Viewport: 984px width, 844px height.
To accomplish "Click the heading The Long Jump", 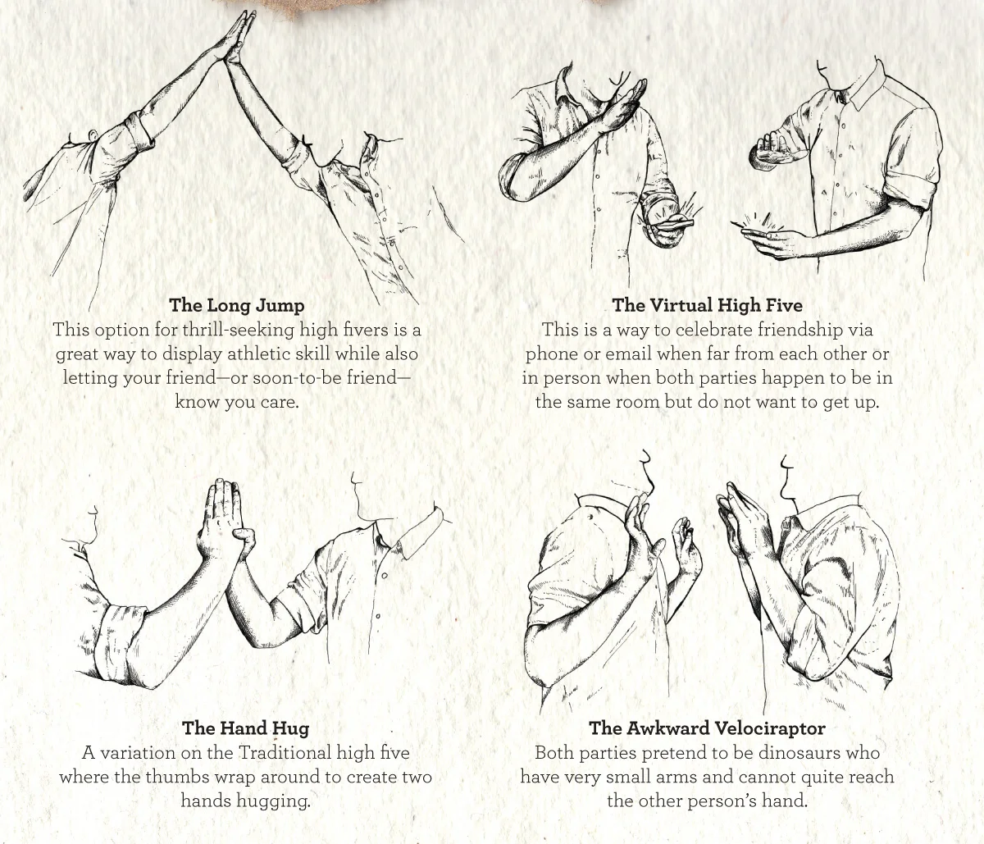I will pyautogui.click(x=236, y=305).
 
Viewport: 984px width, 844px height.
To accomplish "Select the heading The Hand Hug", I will pyautogui.click(x=245, y=728).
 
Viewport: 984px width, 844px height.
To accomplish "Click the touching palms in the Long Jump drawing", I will pyautogui.click(x=234, y=37).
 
